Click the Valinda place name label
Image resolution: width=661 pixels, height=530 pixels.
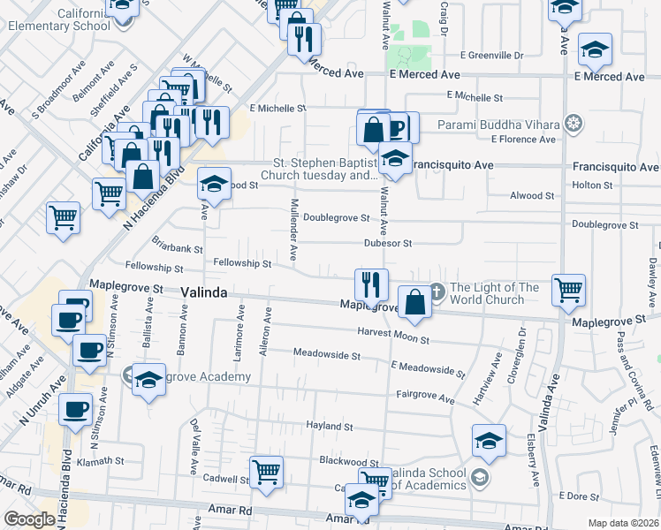(206, 291)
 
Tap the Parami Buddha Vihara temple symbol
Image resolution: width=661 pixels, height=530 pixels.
(574, 122)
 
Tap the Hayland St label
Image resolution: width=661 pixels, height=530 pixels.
(329, 426)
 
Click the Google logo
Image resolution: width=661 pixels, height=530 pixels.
(30, 519)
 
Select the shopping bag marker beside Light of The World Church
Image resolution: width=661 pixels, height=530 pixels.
(414, 301)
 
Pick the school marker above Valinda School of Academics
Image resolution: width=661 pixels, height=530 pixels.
(489, 439)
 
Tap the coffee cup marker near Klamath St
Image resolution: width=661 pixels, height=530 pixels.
(75, 407)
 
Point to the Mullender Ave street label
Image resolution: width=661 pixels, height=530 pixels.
(294, 222)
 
